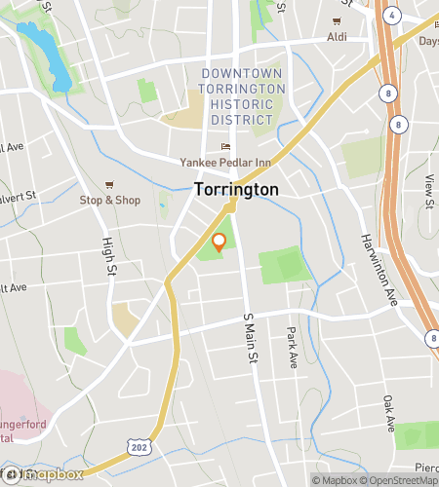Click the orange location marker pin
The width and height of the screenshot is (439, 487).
click(x=219, y=243)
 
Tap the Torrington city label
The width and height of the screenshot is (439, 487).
click(x=236, y=189)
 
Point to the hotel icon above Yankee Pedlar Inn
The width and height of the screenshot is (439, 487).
click(x=225, y=147)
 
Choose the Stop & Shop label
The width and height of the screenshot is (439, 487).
click(x=109, y=200)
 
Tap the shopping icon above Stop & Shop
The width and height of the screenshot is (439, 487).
click(x=109, y=184)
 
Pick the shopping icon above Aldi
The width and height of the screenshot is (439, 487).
click(x=338, y=20)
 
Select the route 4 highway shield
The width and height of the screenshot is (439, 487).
click(x=391, y=16)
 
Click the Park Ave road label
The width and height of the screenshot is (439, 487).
click(x=292, y=348)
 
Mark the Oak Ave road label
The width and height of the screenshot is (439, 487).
click(x=389, y=407)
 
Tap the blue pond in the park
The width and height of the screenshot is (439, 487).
click(x=45, y=55)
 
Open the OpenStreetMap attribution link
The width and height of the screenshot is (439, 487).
click(x=401, y=479)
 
